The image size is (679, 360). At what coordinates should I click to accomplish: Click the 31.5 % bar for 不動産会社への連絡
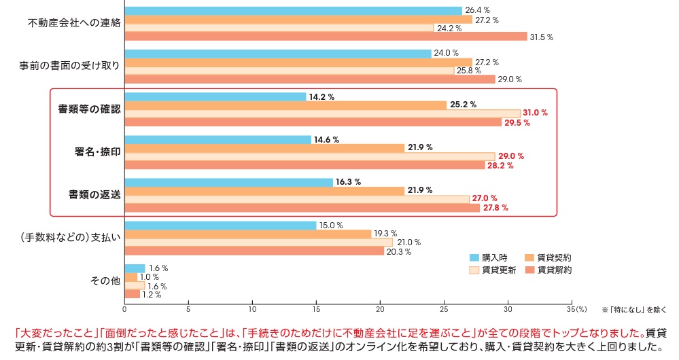pos(326,37)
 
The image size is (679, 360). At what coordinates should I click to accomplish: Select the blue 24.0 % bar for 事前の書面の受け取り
pos(279,53)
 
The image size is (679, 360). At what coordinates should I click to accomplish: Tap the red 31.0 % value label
pos(535,113)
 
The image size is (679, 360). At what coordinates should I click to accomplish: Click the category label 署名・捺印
pos(98,151)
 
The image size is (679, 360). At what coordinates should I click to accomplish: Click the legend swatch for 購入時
pos(474,257)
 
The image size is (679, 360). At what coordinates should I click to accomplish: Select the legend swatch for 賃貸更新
pos(474,270)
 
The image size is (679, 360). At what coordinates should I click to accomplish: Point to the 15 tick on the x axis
pos(316,309)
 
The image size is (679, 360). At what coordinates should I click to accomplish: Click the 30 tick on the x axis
pos(508,309)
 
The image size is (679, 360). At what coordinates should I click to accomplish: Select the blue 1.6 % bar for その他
pos(135,268)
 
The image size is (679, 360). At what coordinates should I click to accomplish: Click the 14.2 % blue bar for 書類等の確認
pos(215,96)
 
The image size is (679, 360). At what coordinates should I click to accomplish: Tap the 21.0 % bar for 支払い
pos(258,242)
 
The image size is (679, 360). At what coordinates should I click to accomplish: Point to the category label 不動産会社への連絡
pos(74,23)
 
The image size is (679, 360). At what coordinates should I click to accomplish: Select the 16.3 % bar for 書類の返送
pos(229,182)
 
